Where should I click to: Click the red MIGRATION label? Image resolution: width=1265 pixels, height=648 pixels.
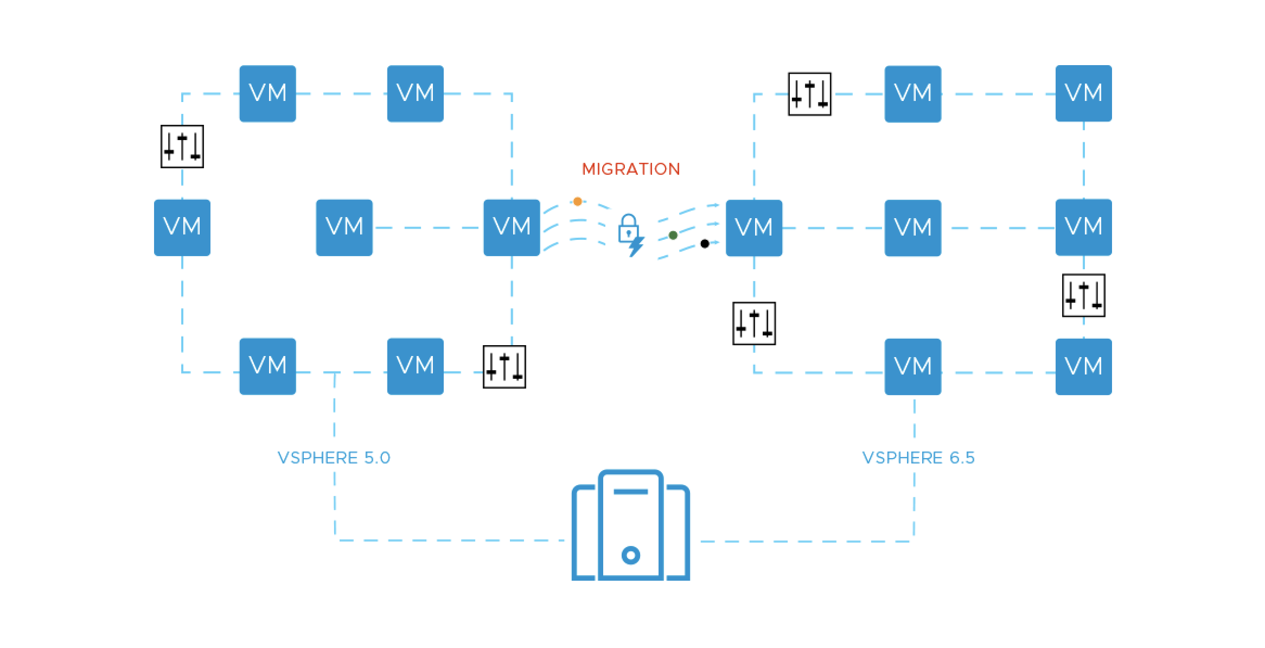click(x=630, y=169)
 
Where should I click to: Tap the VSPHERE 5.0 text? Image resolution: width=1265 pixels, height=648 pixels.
click(x=334, y=458)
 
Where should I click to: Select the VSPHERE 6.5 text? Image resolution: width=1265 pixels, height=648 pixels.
click(x=918, y=458)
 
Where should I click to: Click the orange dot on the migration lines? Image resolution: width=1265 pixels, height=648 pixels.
click(x=577, y=202)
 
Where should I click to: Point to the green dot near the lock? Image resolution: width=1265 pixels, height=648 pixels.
click(x=673, y=235)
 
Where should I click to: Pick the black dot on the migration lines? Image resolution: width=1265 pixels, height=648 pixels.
click(x=704, y=244)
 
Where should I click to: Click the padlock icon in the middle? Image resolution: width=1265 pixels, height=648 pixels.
click(x=628, y=228)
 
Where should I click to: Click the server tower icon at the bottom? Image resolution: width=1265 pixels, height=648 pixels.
click(x=630, y=525)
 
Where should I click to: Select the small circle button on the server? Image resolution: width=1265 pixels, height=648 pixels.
click(x=630, y=555)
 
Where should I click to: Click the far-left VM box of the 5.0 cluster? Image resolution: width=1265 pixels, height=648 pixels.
click(x=182, y=227)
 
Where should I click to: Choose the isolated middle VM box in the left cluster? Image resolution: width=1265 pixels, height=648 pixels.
click(x=344, y=227)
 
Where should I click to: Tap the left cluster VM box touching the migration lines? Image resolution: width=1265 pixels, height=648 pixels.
click(x=512, y=227)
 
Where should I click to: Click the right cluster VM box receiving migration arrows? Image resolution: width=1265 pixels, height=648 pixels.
click(x=753, y=228)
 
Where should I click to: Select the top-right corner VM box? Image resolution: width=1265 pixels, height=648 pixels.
click(x=1083, y=93)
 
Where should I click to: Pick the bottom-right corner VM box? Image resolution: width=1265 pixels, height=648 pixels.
click(x=1083, y=366)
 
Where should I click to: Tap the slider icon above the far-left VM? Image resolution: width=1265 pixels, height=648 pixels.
click(x=182, y=147)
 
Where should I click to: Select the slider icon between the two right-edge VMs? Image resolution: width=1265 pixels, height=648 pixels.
click(x=1083, y=295)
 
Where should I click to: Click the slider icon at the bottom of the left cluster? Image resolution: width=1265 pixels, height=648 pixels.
click(x=504, y=367)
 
